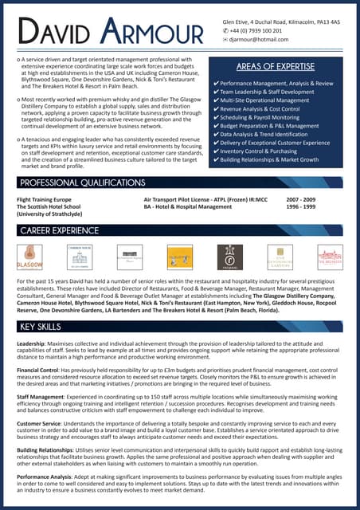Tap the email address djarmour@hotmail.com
click(260, 38)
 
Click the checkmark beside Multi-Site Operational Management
click(217, 100)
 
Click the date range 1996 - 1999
click(300, 206)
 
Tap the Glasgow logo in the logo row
click(29, 256)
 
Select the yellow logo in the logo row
click(179, 256)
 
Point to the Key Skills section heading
click(38, 327)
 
